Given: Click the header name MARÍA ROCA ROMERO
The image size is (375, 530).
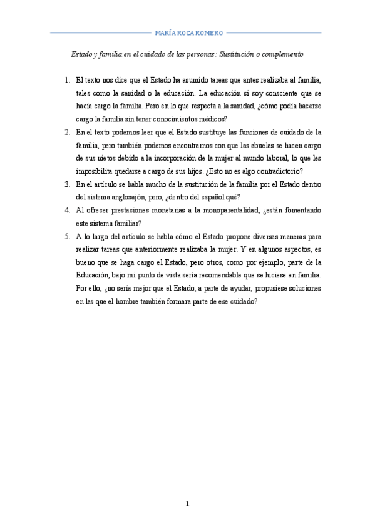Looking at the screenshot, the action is pos(187,32).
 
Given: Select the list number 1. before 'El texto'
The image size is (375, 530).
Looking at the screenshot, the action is pos(67,80).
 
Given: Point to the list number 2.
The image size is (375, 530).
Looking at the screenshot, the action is pos(67,132).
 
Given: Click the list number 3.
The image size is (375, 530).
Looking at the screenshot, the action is pos(67,185).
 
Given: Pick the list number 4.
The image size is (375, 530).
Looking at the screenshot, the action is pos(67,211).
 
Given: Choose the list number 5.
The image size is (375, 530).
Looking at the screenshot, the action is pos(67,237).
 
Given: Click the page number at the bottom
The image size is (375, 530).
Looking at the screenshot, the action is pos(187,504).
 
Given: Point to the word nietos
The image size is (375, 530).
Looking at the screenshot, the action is pos(100,159).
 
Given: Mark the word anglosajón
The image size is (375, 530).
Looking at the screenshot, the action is pos(130,198).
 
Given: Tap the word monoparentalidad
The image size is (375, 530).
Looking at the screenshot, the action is pos(222,211).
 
